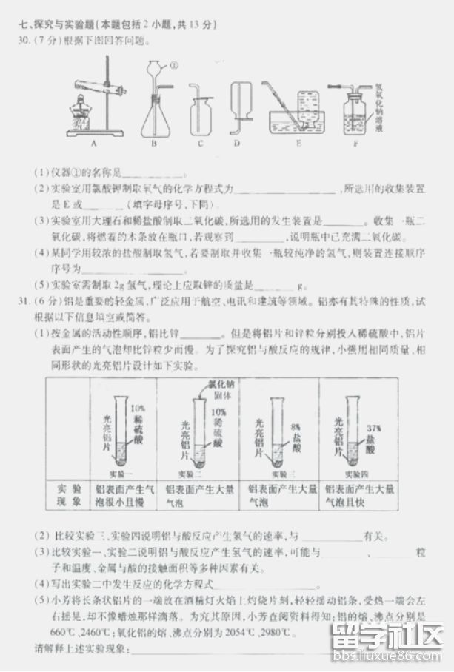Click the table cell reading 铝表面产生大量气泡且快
[x=359, y=496]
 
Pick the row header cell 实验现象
[x=67, y=496]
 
